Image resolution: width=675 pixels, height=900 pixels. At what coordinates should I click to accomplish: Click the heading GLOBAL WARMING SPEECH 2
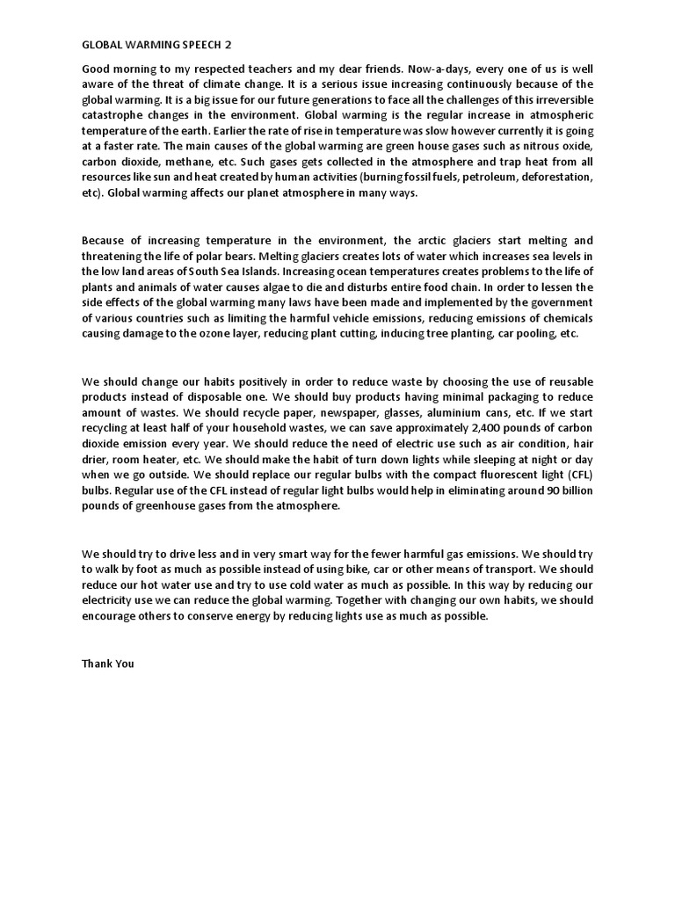158,43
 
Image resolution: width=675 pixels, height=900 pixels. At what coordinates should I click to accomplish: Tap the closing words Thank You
107,664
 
